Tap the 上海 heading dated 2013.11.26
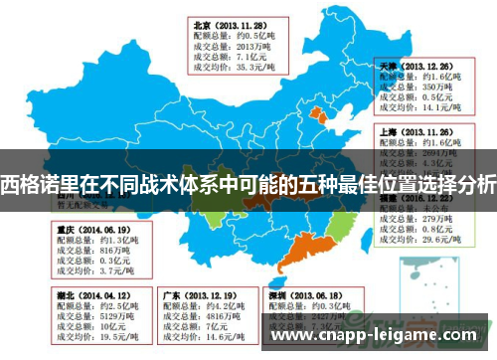coord(390,130)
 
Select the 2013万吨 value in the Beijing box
coord(244,45)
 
